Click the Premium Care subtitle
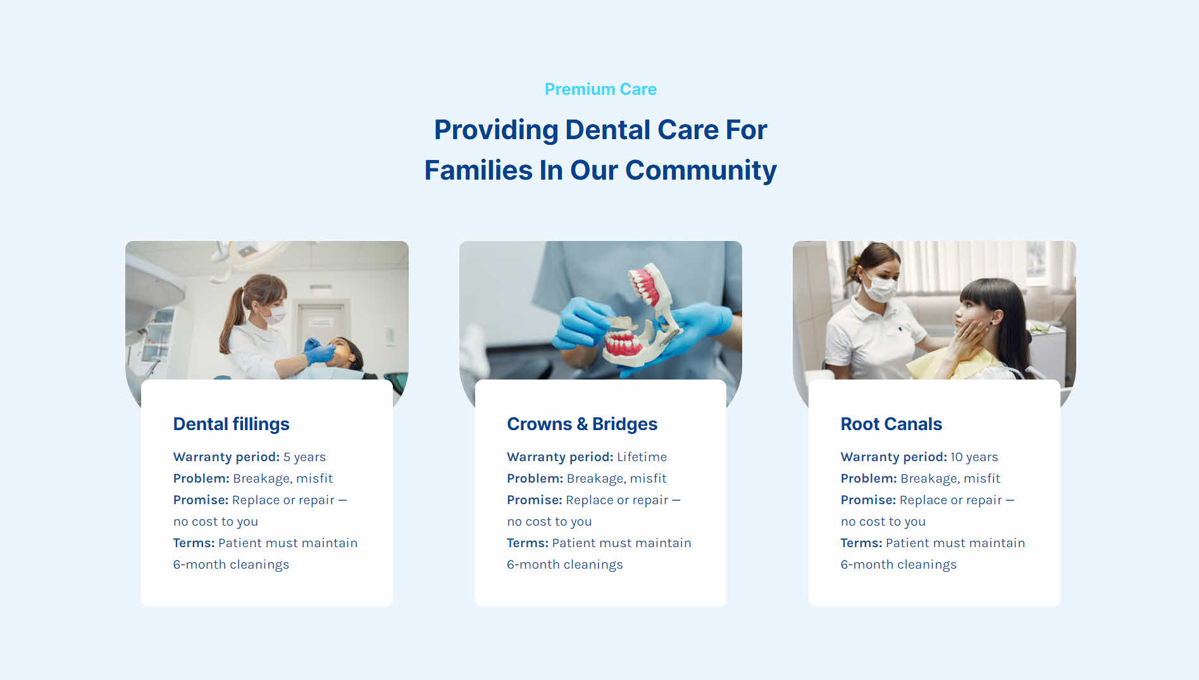pos(600,89)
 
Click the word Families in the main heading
pos(478,170)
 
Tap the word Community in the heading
pos(701,171)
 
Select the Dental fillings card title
pos(231,424)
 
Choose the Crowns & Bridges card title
pos(582,424)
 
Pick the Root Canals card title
pos(891,424)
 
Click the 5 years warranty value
pos(304,457)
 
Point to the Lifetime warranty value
pos(642,457)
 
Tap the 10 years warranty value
pos(974,457)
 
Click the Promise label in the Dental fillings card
pos(201,500)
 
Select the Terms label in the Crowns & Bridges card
pos(528,543)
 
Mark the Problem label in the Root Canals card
pos(868,478)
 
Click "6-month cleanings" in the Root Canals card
pos(898,564)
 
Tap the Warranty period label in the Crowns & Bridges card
pos(560,457)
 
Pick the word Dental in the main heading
pos(607,130)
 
